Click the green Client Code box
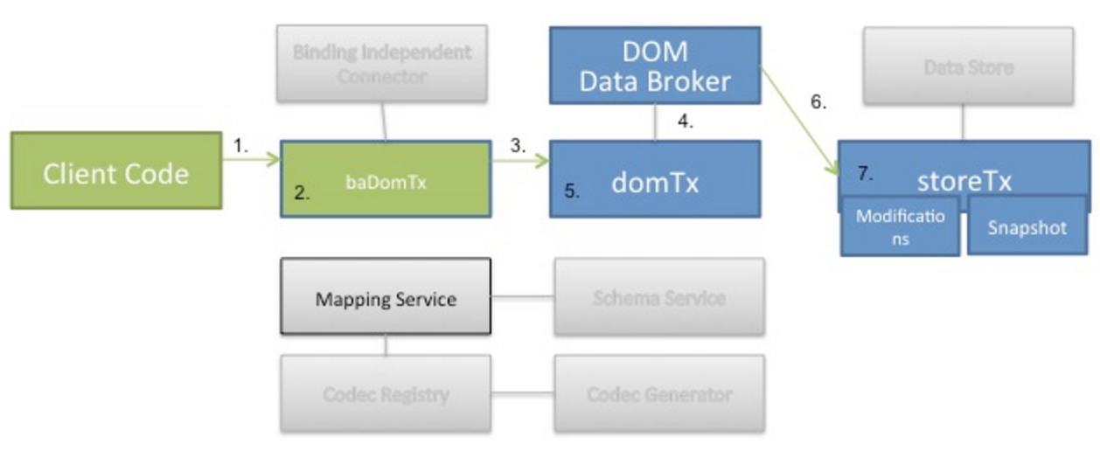(115, 171)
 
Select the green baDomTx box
(385, 178)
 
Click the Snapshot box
(1027, 227)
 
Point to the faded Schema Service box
(658, 296)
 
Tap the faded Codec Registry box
(385, 393)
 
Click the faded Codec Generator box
(658, 393)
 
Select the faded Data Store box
(968, 67)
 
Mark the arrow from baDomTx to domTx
(519, 161)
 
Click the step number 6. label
(818, 102)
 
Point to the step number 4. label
(686, 122)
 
